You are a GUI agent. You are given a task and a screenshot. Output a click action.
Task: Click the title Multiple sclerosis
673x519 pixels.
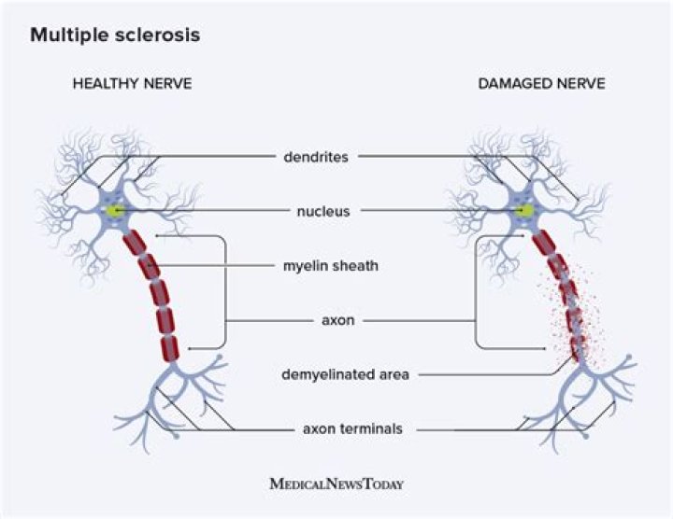tap(114, 36)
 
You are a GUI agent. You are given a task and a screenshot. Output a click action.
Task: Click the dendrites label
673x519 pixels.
tap(316, 157)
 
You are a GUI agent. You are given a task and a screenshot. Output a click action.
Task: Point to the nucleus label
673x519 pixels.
tap(317, 212)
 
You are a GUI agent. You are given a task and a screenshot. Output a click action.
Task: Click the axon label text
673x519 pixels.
tap(335, 320)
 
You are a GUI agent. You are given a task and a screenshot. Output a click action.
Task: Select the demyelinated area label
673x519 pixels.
tap(345, 375)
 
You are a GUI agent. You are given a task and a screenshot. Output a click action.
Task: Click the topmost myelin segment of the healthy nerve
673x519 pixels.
tap(134, 242)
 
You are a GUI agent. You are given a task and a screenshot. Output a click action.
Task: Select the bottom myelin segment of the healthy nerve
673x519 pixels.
tap(169, 348)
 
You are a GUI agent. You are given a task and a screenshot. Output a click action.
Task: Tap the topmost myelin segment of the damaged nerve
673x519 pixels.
tap(543, 243)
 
